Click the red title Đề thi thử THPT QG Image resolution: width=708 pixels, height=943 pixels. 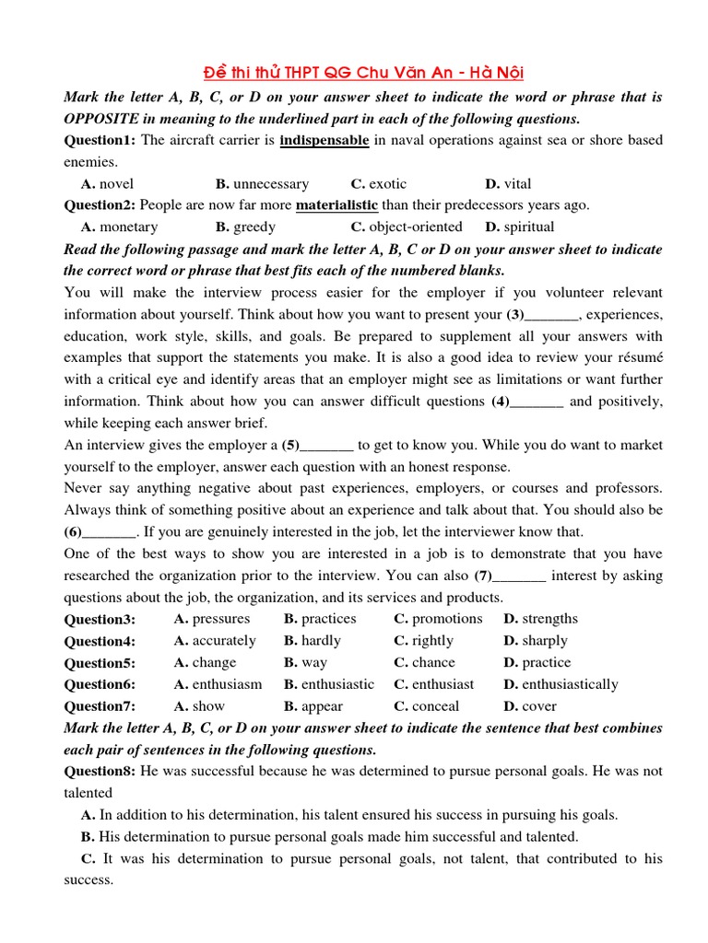click(362, 73)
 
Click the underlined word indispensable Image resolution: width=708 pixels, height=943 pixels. click(324, 141)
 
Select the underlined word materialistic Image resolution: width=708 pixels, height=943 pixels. click(336, 205)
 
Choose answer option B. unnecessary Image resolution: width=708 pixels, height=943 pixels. click(263, 184)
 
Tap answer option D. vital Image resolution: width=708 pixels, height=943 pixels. click(508, 184)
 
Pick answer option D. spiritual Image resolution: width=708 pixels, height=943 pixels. click(519, 227)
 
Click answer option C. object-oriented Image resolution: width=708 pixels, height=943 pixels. click(407, 227)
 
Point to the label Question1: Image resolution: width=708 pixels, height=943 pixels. click(100, 141)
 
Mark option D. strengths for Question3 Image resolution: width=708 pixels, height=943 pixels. click(541, 619)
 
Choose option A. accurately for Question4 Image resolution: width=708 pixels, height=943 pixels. click(215, 641)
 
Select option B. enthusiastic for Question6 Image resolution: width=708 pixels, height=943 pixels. click(329, 684)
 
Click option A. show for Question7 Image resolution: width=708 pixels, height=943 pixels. click(199, 706)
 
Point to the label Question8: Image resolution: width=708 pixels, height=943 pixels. click(100, 771)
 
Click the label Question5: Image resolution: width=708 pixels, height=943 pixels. click(100, 663)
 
